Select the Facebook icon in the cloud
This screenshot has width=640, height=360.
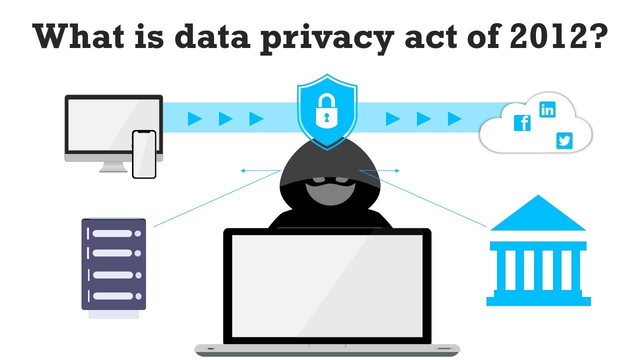(522, 123)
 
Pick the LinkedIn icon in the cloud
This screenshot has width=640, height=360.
(547, 109)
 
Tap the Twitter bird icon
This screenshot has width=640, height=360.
(564, 141)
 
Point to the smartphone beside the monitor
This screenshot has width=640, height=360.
(144, 154)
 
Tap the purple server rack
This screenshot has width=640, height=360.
(113, 264)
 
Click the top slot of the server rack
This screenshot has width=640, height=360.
(112, 233)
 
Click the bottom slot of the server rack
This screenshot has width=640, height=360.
(112, 295)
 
